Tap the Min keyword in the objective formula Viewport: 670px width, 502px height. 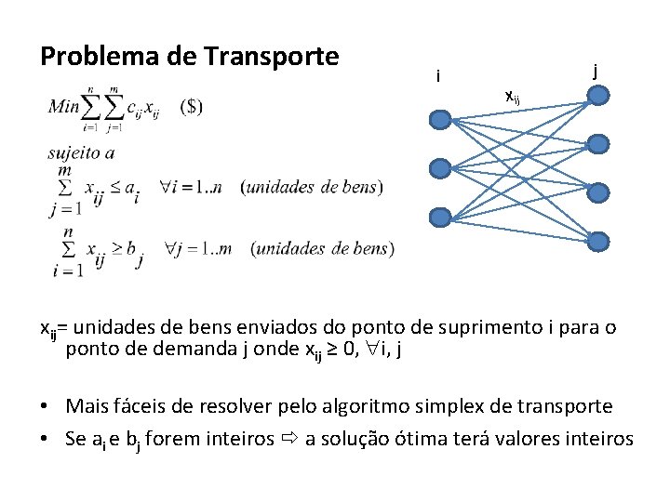64,106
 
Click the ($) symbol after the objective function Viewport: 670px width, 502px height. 190,106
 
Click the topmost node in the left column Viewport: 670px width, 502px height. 441,120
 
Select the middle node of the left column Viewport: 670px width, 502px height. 441,168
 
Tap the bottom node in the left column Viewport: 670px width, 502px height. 441,217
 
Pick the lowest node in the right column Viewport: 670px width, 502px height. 599,242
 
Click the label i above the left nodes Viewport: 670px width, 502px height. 437,76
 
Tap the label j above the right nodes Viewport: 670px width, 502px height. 595,69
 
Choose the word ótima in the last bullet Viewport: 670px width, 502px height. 420,438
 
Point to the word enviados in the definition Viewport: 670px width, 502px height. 229,327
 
